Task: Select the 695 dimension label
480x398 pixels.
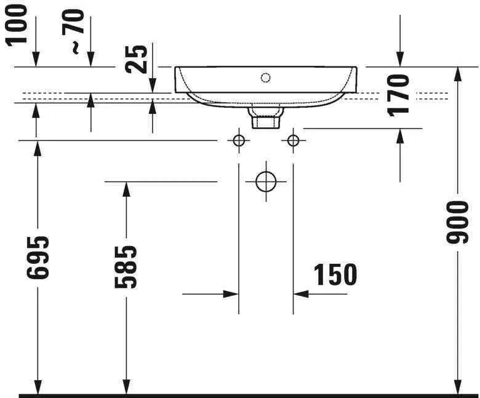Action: pos(39,257)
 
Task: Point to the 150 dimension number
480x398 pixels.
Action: pos(335,275)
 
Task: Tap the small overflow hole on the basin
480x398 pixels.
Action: pos(265,78)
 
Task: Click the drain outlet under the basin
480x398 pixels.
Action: pos(265,117)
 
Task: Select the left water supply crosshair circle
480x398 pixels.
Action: pos(239,141)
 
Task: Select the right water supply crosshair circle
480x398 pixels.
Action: pos(293,141)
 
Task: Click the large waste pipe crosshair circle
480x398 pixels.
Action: pos(266,181)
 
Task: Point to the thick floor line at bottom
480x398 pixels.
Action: pos(246,395)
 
